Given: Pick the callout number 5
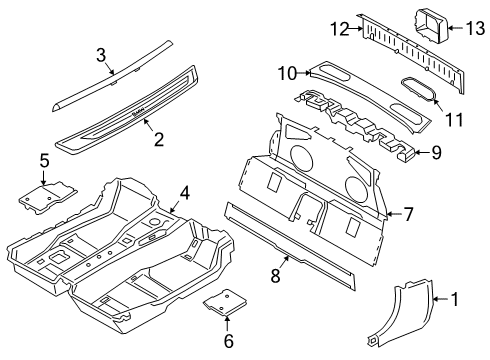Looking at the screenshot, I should (44, 159).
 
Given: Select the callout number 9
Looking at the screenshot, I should (436, 153).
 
